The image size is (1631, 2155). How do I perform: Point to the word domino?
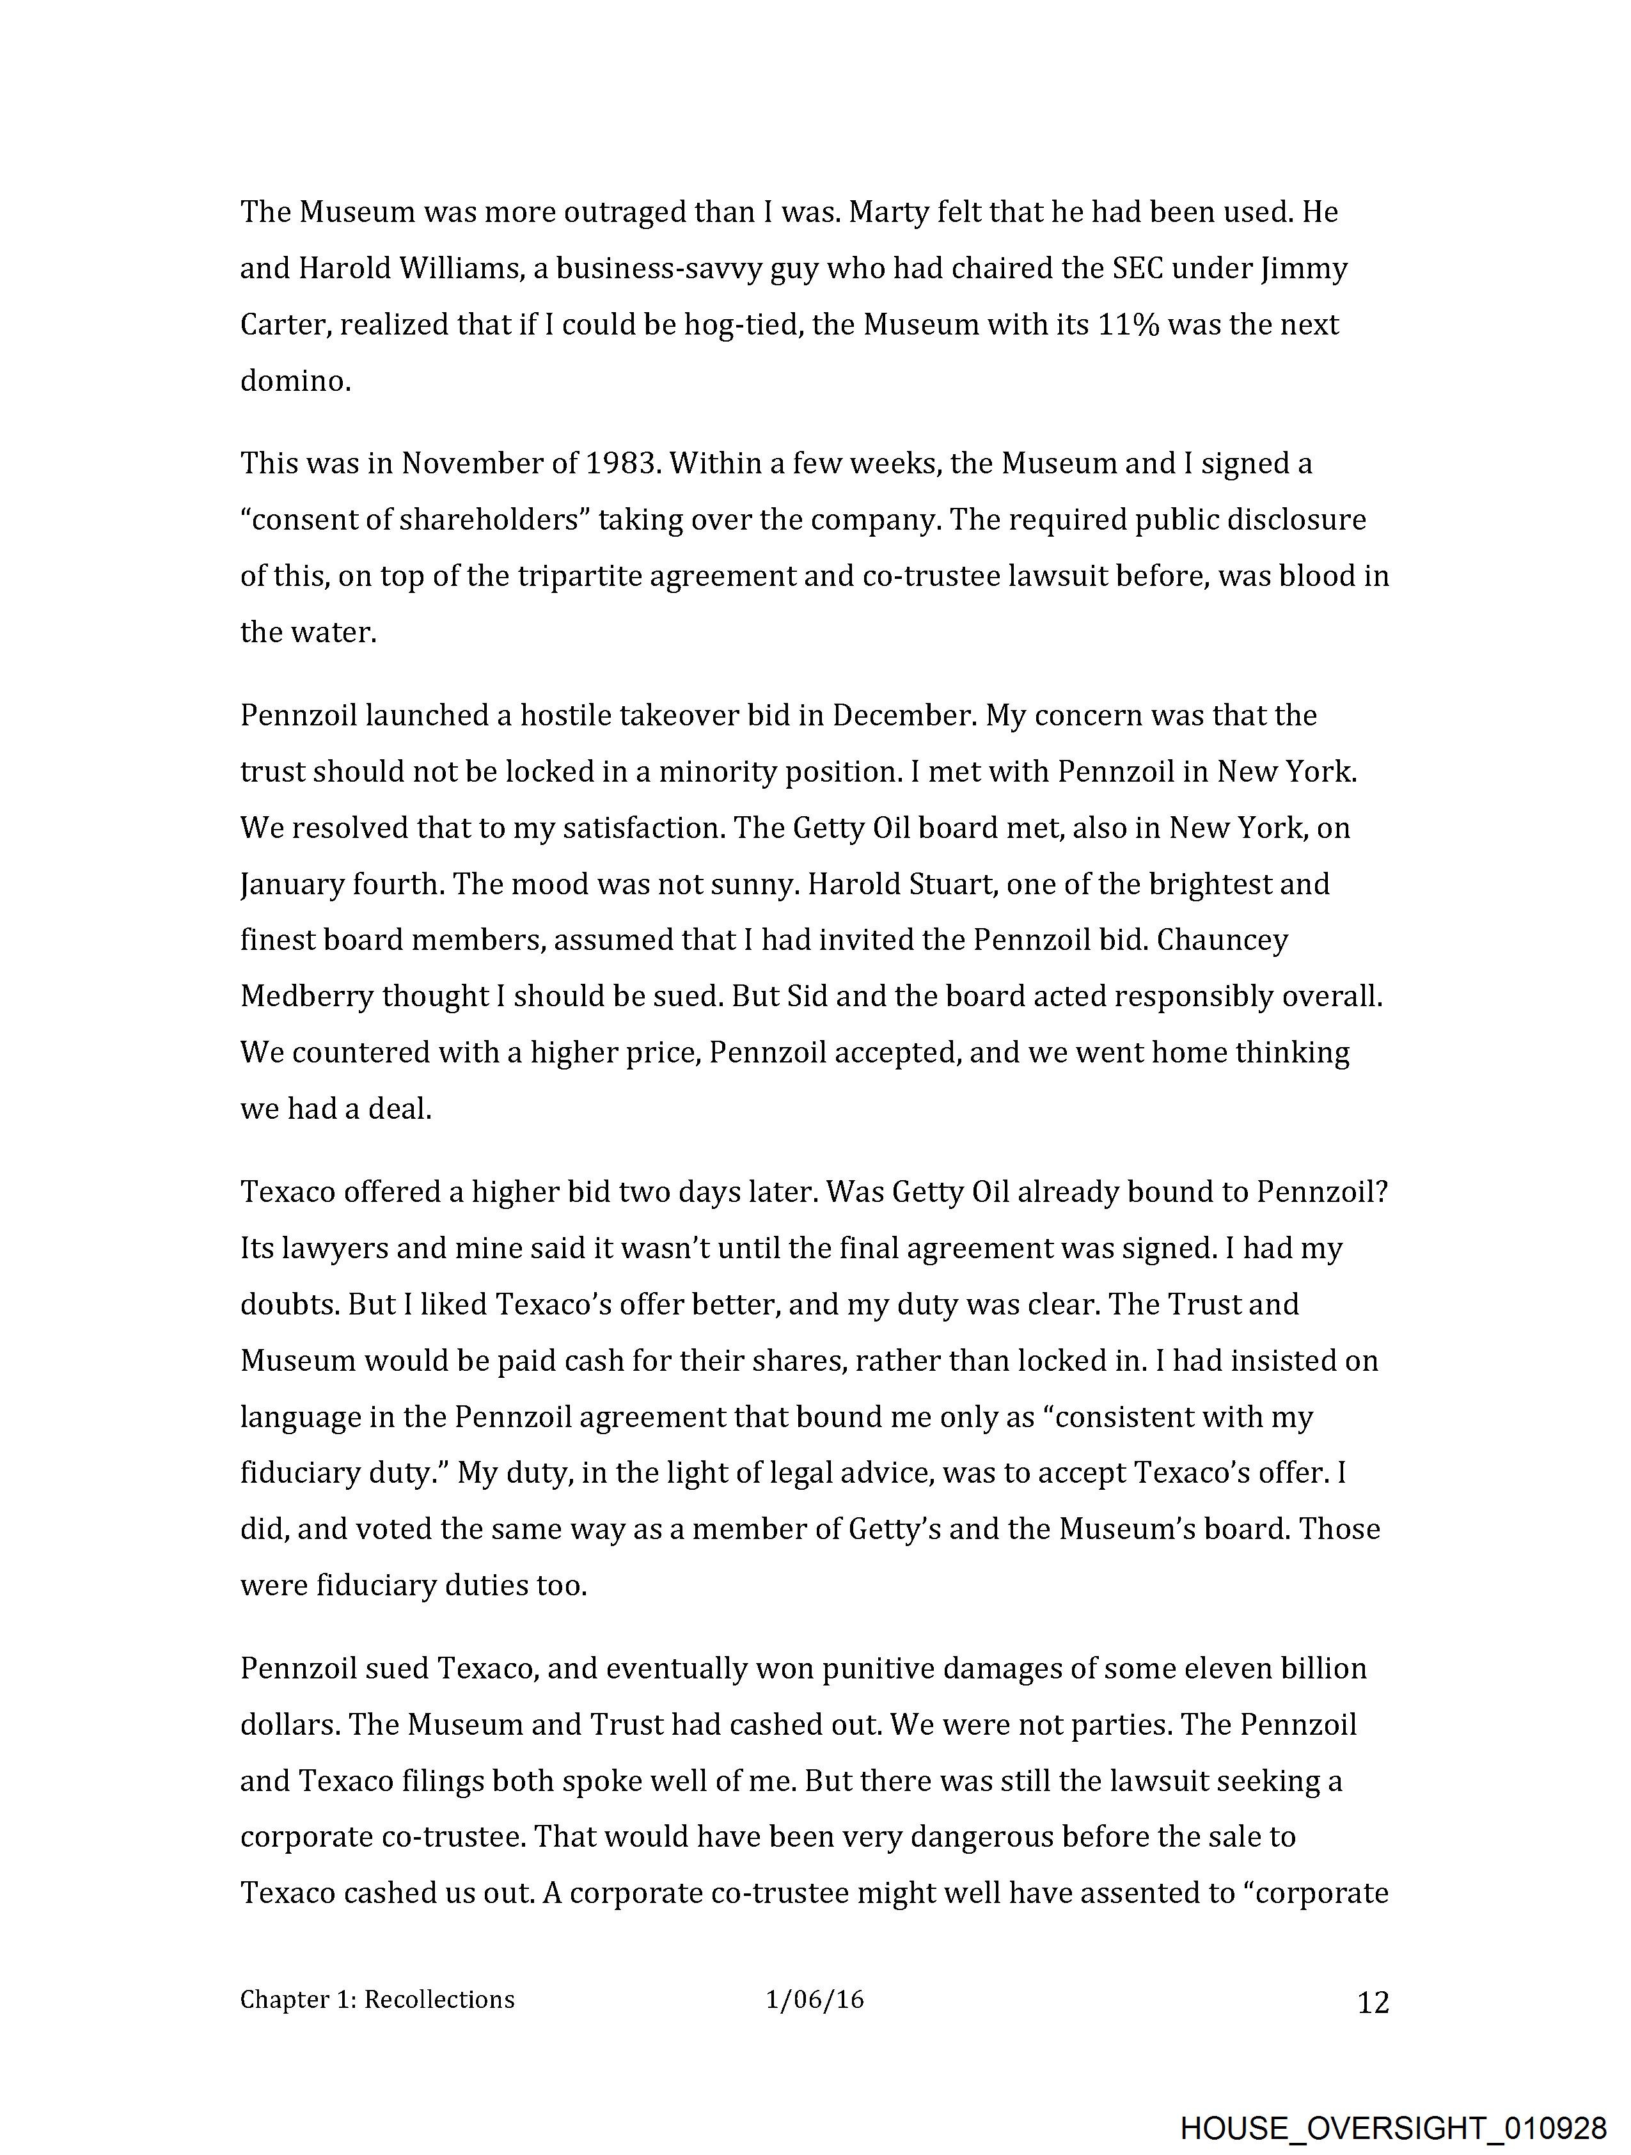(x=294, y=381)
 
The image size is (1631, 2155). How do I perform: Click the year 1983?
(x=620, y=464)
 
